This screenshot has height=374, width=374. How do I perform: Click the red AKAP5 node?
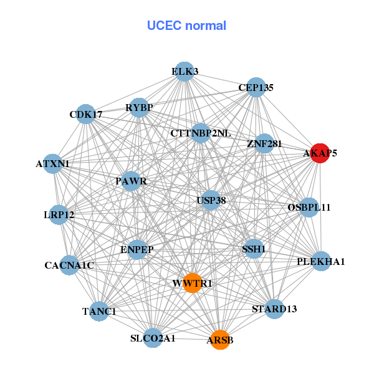point(320,153)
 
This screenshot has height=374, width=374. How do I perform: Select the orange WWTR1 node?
point(192,283)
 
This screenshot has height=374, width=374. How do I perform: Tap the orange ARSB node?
point(219,340)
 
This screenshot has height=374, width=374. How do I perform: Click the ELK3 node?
point(185,72)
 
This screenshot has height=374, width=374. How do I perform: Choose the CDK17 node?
point(86,114)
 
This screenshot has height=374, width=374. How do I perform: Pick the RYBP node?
point(139,108)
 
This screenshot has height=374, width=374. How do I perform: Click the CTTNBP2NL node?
point(201,133)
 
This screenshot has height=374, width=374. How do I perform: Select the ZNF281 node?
point(264,143)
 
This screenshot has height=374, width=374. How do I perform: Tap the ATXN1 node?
point(53,164)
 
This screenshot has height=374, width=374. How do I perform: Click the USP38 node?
point(211,200)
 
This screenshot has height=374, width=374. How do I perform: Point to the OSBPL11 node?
point(309,207)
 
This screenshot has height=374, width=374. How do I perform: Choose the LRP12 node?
point(59,215)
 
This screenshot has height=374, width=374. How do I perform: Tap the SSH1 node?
point(254,249)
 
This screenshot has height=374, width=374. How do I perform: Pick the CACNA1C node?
point(69,266)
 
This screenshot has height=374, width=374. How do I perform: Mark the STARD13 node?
point(274,309)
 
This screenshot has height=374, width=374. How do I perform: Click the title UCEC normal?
point(186,26)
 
